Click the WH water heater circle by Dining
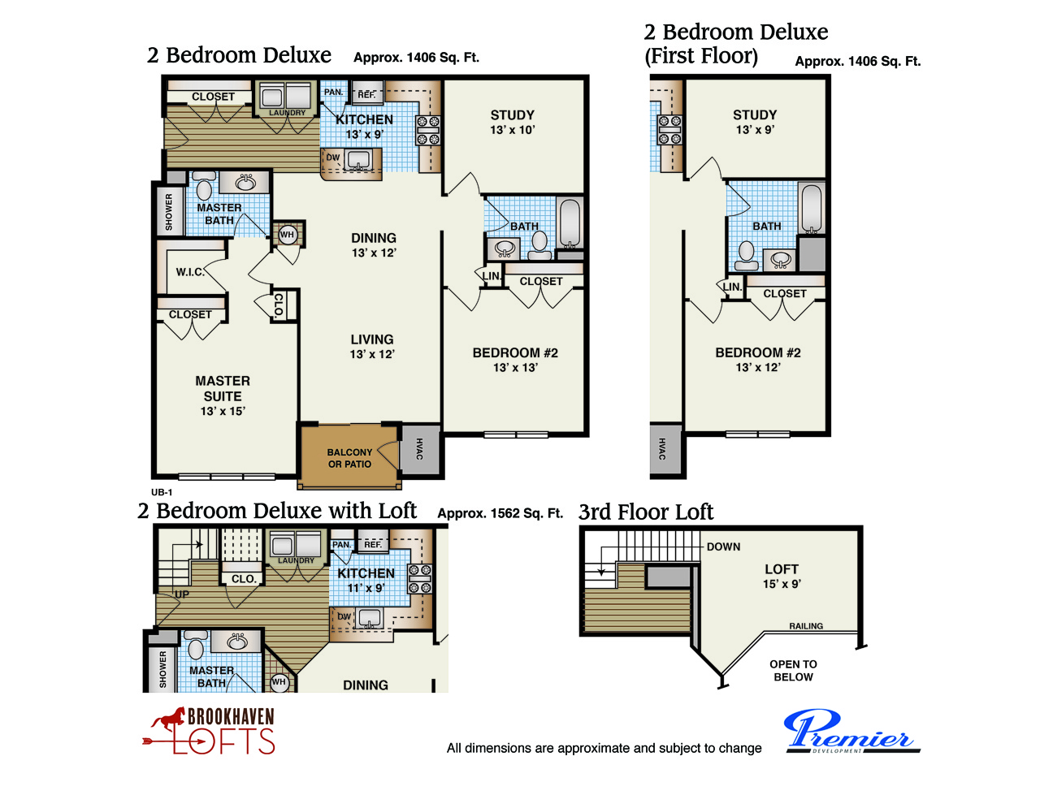click(287, 234)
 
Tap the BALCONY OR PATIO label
click(349, 458)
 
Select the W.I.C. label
click(190, 272)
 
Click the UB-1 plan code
click(162, 492)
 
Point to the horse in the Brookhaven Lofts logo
click(168, 719)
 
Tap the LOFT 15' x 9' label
click(782, 576)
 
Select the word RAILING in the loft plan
click(806, 626)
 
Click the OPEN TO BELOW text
click(793, 670)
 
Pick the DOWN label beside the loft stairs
click(723, 547)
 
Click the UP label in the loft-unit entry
click(182, 594)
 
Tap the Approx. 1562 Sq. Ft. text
click(500, 513)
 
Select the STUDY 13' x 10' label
click(512, 123)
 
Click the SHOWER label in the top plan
click(168, 212)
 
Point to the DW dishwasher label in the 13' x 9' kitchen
click(332, 158)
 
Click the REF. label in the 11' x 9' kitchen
click(372, 544)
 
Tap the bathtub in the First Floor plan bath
click(811, 209)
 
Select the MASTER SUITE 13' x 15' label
click(223, 395)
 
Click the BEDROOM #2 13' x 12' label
click(757, 360)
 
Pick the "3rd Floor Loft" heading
click(646, 512)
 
